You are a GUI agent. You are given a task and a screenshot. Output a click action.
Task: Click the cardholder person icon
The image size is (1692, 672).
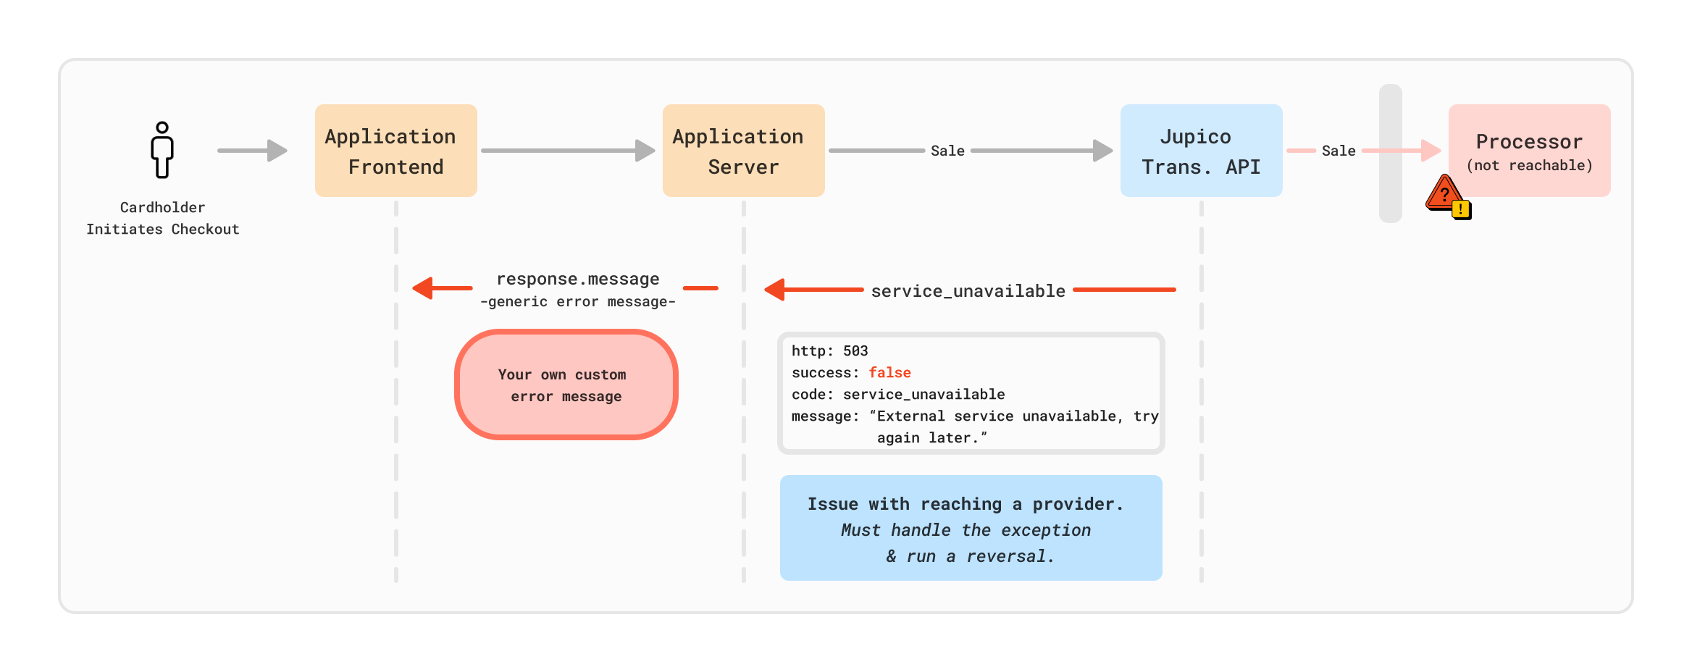coord(162,150)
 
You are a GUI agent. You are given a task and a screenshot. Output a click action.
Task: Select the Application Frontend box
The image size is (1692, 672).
coord(396,151)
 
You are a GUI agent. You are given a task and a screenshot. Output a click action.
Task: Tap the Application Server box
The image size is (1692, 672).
coord(744,151)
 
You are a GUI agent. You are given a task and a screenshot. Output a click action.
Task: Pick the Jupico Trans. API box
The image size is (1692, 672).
coord(1202,151)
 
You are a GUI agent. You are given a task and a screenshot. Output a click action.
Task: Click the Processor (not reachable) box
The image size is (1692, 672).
coord(1530,151)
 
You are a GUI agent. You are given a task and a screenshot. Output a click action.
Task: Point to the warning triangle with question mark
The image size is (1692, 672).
coord(1443,193)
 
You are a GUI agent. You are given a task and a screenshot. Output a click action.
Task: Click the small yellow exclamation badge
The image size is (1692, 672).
coord(1462,210)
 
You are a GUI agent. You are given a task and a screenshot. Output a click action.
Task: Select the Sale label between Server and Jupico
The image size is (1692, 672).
coord(947,151)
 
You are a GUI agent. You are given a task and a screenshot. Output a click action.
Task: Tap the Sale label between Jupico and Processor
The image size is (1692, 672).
coord(1339,151)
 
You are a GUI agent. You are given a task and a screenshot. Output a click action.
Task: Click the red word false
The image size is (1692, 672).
coord(890,372)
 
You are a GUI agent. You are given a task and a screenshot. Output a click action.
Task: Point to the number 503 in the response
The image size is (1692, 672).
coord(855,350)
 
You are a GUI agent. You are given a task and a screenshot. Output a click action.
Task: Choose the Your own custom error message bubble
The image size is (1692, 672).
coord(566,385)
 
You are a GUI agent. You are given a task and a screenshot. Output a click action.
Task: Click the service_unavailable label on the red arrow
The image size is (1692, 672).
coord(968,291)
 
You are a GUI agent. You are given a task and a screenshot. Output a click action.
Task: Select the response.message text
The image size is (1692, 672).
coord(578,279)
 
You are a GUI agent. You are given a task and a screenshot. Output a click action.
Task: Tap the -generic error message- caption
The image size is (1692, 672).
coord(578,301)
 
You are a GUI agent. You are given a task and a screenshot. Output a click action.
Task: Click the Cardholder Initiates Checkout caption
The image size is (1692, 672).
coord(162,218)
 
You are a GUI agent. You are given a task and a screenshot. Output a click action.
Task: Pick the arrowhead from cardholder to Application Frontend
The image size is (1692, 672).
coord(277,151)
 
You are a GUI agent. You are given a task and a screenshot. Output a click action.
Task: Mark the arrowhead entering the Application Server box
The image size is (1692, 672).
coord(645,151)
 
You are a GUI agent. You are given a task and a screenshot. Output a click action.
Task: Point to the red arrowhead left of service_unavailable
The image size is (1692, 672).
coord(774,290)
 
